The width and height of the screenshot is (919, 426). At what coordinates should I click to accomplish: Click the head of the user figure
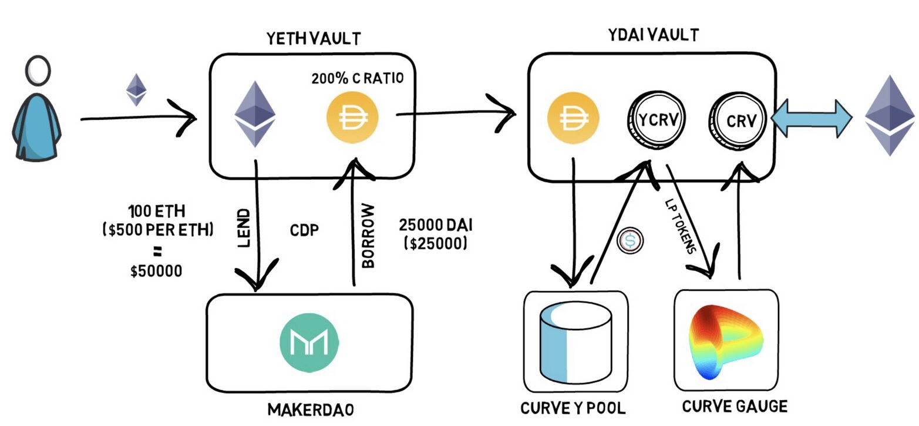tap(38, 71)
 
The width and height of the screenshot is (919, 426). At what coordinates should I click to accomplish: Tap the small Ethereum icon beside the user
tap(136, 89)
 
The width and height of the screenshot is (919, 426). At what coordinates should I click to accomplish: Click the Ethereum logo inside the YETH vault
tap(254, 114)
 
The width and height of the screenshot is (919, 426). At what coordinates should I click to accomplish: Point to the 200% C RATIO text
tap(358, 78)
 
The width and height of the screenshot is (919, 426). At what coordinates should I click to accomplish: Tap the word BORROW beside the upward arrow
tap(368, 236)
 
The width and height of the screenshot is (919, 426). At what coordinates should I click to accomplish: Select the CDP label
tap(304, 230)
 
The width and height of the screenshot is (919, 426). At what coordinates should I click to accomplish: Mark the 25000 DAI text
tap(435, 225)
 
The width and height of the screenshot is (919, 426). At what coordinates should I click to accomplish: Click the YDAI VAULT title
tap(652, 35)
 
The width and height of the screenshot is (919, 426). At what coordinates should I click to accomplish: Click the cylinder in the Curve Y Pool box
tap(575, 343)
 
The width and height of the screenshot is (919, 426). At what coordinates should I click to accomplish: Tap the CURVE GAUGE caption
tap(735, 405)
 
